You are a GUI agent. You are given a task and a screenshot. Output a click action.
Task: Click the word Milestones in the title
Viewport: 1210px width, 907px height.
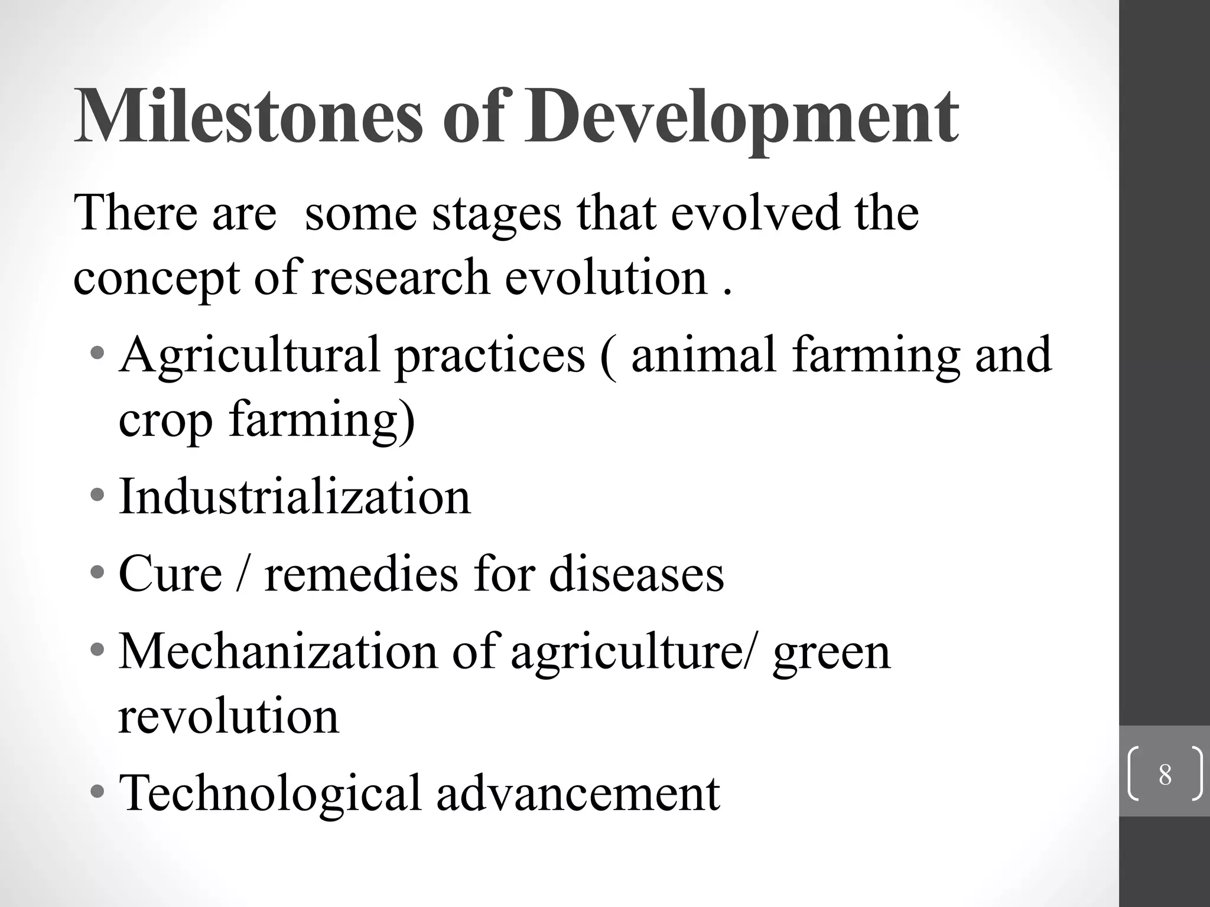click(x=248, y=116)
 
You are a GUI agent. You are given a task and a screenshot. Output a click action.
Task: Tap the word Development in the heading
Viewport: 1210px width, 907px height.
click(x=742, y=116)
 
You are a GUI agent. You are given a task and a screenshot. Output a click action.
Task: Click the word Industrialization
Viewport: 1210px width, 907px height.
click(x=294, y=496)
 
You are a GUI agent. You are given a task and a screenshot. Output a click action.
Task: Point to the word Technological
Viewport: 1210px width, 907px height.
click(x=269, y=793)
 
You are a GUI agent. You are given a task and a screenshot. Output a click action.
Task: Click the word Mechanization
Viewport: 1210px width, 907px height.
click(x=278, y=651)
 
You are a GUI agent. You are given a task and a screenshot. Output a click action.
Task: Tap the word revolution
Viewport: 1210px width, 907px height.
click(x=229, y=716)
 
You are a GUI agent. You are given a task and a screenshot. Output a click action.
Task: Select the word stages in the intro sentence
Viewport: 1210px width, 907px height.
click(x=496, y=214)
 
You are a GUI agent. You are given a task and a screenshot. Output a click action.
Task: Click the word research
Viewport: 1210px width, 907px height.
click(x=401, y=278)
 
